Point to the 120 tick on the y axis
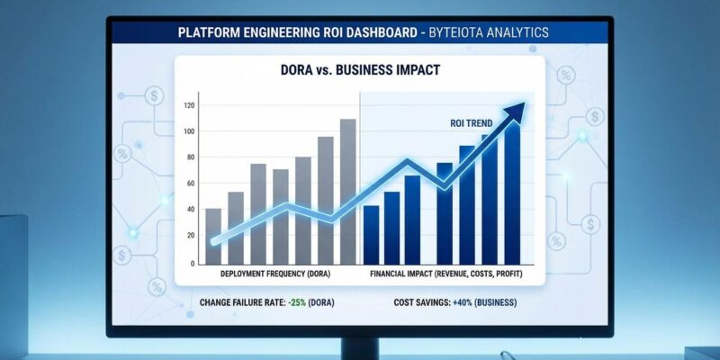coord(188,106)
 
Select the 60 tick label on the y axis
coord(189,184)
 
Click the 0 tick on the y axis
coord(192,263)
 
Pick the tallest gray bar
coord(347,191)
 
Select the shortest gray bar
coord(213,235)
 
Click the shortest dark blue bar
coord(371,234)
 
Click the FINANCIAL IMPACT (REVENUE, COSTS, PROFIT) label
coord(446,274)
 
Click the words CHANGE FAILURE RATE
coord(242,303)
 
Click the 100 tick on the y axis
coord(188,132)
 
